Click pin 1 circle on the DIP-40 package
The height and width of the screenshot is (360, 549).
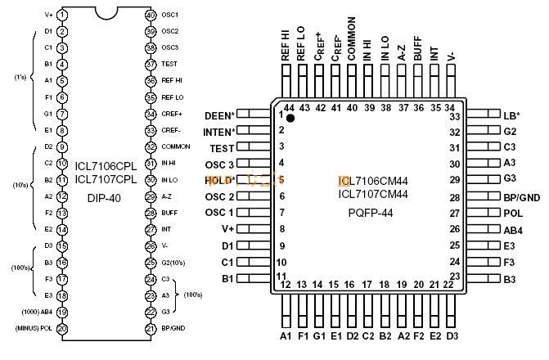(x=63, y=15)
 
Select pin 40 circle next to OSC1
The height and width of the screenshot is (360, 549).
(x=150, y=15)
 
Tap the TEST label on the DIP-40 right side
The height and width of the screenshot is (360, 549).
(x=169, y=64)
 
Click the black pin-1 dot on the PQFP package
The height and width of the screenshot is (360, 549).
(x=290, y=119)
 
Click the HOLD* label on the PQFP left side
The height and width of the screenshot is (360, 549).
(x=219, y=180)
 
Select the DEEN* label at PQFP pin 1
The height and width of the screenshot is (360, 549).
(x=218, y=115)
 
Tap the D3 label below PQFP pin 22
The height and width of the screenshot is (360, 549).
(x=452, y=335)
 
